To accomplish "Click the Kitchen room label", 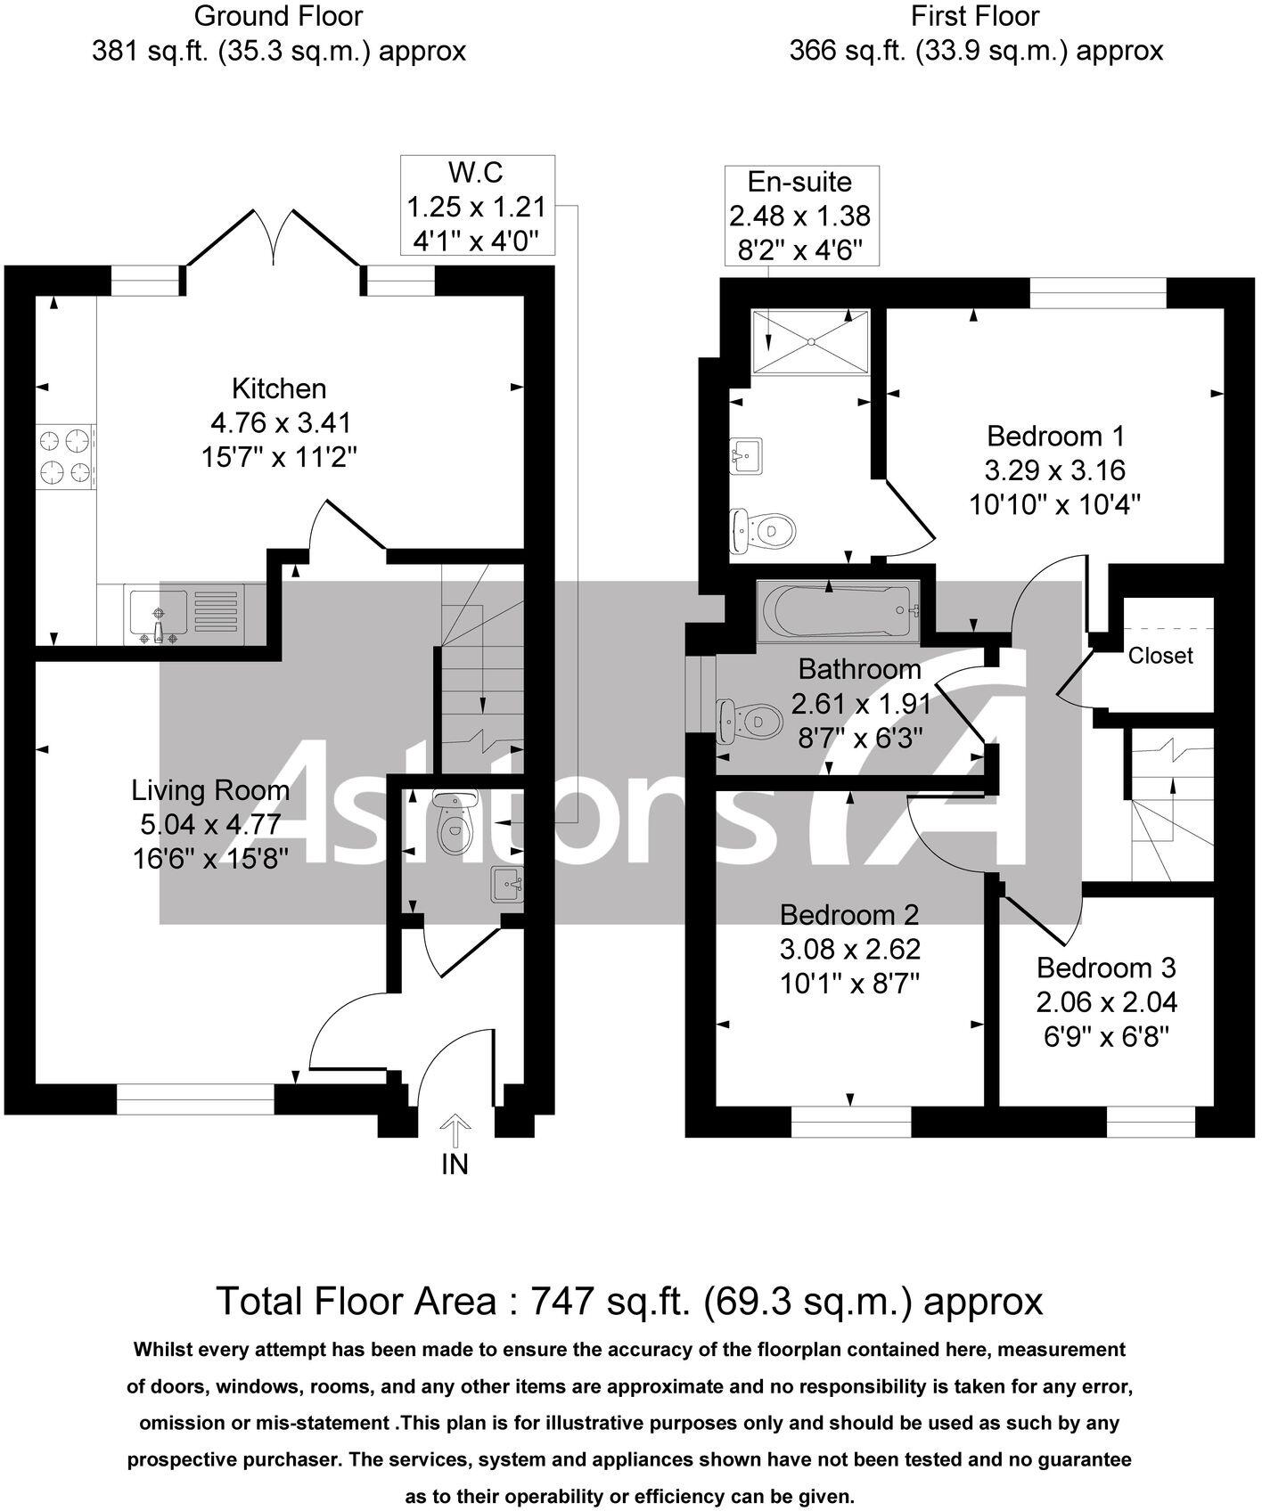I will (279, 388).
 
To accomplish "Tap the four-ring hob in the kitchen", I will (67, 457).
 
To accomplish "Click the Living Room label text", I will (210, 790).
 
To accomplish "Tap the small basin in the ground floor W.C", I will (508, 885).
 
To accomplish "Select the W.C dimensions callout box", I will (478, 206).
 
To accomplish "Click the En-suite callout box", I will (799, 216).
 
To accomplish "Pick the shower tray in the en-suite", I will (810, 341).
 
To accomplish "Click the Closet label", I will (1160, 656).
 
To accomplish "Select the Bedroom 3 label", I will (1106, 968).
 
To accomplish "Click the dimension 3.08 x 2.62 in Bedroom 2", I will (849, 949).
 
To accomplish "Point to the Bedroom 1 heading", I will (1055, 436).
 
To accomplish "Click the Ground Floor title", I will (278, 16).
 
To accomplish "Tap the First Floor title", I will (975, 16).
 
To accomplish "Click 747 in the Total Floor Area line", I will (561, 1302).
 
